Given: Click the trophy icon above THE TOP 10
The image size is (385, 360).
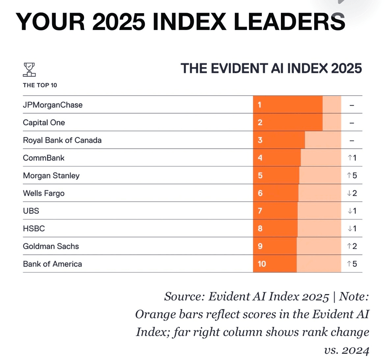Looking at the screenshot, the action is click(29, 70).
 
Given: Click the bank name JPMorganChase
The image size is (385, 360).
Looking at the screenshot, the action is click(53, 105).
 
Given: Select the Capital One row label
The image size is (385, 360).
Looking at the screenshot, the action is click(44, 122).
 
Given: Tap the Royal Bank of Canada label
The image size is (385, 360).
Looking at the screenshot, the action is click(62, 140).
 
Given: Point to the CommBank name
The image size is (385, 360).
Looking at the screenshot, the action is click(44, 158).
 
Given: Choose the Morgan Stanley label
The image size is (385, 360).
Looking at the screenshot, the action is click(51, 176).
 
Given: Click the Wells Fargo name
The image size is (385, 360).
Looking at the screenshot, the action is click(44, 193).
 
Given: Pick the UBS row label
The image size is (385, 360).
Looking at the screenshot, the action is click(31, 211).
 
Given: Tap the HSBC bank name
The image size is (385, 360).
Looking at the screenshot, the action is click(34, 229).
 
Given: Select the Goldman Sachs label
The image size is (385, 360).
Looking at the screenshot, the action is click(51, 246).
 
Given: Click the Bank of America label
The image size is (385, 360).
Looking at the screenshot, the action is click(52, 264).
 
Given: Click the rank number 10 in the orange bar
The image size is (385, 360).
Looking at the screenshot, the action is click(262, 264).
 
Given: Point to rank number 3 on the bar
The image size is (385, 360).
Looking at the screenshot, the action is click(260, 140).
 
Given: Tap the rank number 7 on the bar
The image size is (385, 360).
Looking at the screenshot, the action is click(260, 211).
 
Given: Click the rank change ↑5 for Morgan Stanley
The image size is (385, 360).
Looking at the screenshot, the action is click(352, 176).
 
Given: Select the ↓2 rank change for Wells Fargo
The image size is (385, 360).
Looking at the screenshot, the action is click(352, 193).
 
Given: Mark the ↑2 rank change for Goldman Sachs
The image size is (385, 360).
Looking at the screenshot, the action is click(352, 246).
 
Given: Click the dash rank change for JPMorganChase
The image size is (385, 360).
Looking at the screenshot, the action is click(352, 105).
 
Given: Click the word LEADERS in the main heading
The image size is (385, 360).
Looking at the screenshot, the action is click(290, 22).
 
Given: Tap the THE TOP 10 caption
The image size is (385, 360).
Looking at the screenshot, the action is click(40, 85).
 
